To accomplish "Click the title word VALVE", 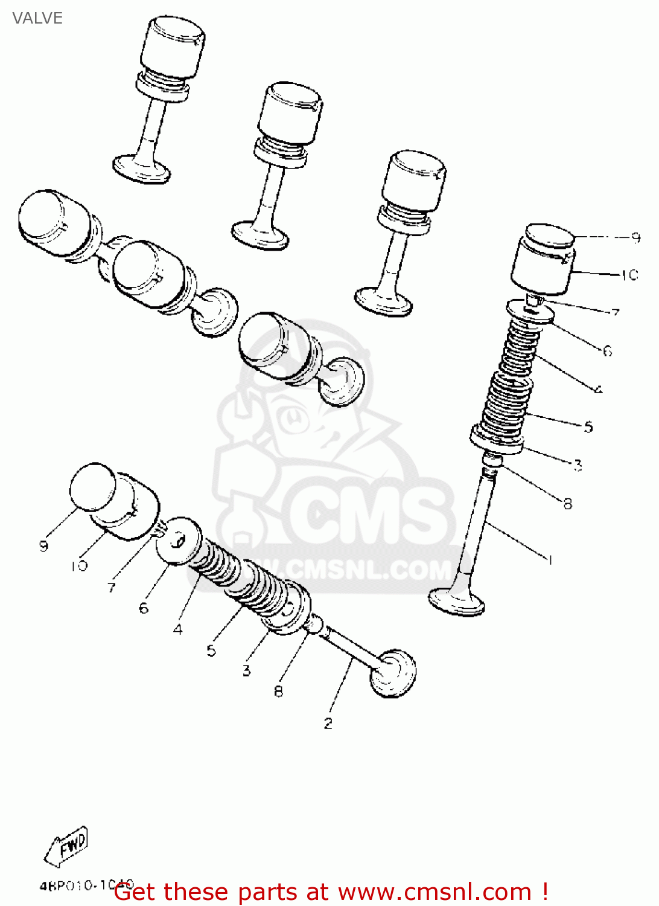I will coord(37,18).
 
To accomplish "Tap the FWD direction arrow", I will coord(68,845).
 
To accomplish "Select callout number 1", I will coord(550,560).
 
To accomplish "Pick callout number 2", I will coord(328,723).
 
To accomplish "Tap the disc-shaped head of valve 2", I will coord(393,673).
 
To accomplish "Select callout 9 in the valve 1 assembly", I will coord(635,237).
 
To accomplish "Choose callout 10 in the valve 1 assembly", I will coord(629,275).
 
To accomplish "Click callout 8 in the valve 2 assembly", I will coord(278,691).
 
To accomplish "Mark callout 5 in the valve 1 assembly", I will coord(588,426).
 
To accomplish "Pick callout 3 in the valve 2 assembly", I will coord(246,670).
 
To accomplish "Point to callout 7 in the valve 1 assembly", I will coord(615,313).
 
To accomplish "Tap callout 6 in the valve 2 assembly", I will coord(144,608).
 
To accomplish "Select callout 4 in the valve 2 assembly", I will coord(177,629).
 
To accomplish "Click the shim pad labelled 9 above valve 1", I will coord(549,236).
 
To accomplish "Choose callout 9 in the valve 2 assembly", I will coord(43,546).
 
